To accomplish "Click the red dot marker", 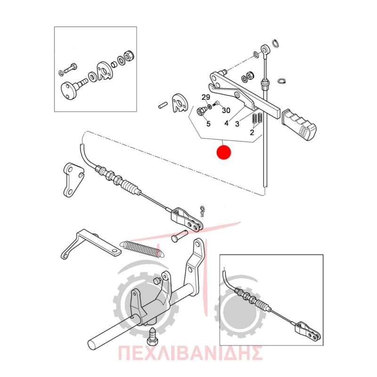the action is click(223, 152).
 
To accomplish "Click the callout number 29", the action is click(206, 97).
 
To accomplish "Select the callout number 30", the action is click(226, 110).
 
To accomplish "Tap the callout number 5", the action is click(208, 124).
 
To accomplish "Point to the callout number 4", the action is click(226, 123).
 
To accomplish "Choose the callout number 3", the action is click(238, 124).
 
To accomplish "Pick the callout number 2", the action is click(252, 132).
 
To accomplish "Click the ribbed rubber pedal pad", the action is click(299, 124).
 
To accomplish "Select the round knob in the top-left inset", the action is click(67, 90).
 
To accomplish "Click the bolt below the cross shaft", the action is click(152, 337).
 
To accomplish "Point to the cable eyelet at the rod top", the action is click(265, 51).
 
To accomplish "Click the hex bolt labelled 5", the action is click(201, 111).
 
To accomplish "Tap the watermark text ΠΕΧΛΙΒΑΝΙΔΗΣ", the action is click(190, 353).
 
